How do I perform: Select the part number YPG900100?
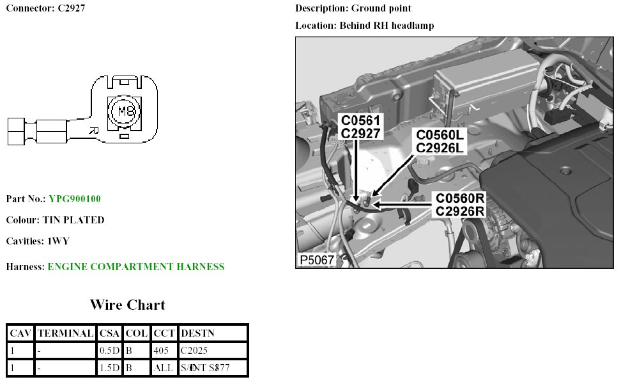[x=75, y=199]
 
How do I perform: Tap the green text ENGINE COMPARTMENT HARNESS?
[x=136, y=267]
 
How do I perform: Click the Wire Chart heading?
[x=127, y=305]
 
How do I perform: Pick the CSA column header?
[x=109, y=333]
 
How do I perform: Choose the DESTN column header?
[x=197, y=333]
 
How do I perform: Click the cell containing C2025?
[x=194, y=351]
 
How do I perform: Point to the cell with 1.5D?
[x=109, y=368]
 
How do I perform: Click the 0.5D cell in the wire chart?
[x=109, y=351]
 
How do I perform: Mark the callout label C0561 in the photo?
[x=360, y=120]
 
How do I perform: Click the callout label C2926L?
[x=441, y=148]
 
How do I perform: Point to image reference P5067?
[x=316, y=260]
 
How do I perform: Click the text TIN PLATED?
[x=73, y=220]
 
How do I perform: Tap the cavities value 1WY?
[x=57, y=241]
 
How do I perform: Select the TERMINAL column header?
[x=66, y=333]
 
